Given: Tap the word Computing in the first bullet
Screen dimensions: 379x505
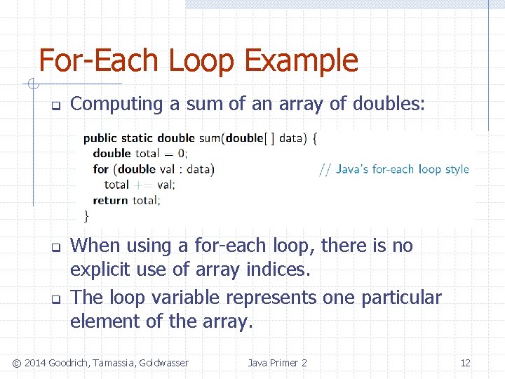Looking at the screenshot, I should [117, 105].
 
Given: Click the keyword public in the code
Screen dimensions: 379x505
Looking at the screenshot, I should [100, 138].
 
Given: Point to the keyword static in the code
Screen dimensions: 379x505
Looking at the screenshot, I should [137, 138].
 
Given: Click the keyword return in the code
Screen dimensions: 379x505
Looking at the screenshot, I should [110, 200].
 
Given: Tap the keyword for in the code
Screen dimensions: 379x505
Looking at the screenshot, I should [101, 169].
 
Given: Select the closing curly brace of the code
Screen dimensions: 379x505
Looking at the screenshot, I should [87, 215].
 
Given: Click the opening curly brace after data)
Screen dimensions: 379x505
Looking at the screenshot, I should [315, 138].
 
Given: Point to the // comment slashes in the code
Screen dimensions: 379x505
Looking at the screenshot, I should [325, 169].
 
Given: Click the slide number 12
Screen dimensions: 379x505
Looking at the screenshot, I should [465, 363].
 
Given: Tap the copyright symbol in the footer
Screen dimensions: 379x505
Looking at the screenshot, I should [17, 363].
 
